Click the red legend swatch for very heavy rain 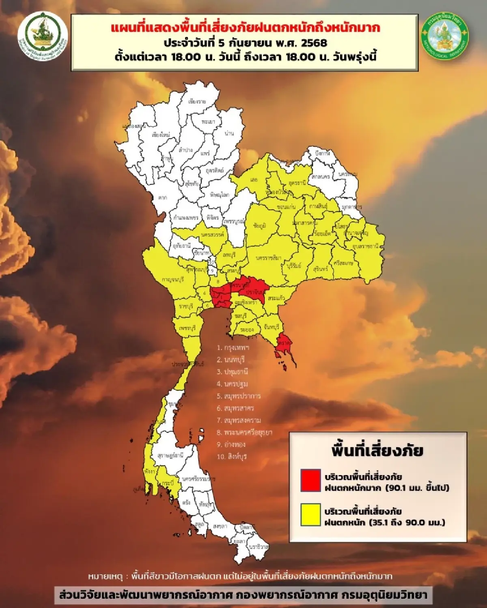coord(310,481)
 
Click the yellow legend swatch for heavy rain coord(310,515)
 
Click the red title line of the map coord(245,28)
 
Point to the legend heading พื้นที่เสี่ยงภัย coord(377,451)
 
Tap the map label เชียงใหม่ coord(161,135)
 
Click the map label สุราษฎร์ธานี coord(170,455)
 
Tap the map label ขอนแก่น coord(286,207)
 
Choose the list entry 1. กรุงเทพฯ coord(233,347)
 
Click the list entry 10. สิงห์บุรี coord(232,456)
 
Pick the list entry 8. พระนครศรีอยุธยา coord(244,432)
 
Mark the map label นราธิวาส coord(259,546)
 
